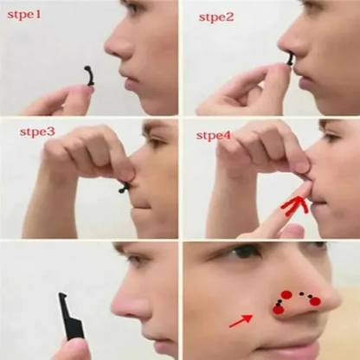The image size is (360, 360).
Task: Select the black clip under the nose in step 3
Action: (122, 185)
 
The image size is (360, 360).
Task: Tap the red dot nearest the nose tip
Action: (314, 300)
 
